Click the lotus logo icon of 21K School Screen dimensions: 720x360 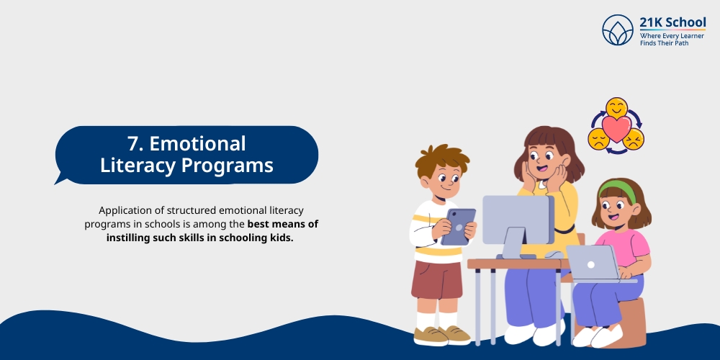point(618,30)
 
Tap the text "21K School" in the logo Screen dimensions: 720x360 point(672,22)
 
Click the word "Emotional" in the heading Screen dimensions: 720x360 point(198,144)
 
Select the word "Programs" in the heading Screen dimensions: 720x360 point(228,166)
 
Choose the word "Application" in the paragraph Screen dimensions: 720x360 point(122,211)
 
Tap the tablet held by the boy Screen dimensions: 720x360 point(458,227)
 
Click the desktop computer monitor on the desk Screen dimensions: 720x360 point(518,220)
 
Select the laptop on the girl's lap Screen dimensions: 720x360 point(593,263)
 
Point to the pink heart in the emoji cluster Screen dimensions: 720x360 point(616,129)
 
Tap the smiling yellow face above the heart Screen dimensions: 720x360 point(616,108)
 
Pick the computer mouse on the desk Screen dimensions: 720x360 point(554,254)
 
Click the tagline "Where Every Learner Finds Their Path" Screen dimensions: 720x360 point(672,40)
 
